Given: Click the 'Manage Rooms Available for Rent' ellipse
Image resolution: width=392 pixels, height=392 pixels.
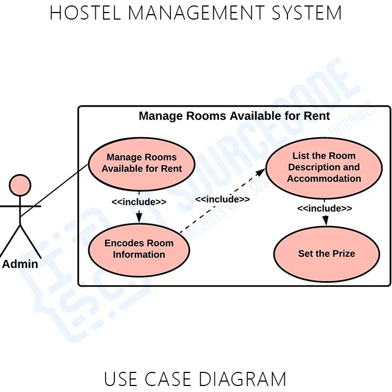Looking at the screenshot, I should coord(142,163).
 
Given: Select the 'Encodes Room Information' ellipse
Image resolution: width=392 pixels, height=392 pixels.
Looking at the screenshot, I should coord(139,249).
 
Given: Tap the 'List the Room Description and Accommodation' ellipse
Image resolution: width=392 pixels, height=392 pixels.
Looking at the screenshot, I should coord(324,167).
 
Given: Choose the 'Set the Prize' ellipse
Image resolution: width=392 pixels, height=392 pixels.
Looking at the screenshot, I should coord(326,254).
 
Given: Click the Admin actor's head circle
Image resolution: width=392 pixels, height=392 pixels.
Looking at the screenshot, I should coord(21,185).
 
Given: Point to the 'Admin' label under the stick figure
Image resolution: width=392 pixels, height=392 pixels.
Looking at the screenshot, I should coord(20,265).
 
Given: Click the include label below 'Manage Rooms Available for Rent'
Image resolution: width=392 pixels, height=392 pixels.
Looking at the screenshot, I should coord(139,202).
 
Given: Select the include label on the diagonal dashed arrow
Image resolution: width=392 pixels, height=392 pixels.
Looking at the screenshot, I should coord(222,199).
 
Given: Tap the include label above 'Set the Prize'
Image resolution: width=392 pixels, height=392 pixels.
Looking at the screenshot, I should coord(324,209).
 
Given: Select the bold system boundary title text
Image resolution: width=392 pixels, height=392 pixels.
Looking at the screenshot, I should coord(234,116).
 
